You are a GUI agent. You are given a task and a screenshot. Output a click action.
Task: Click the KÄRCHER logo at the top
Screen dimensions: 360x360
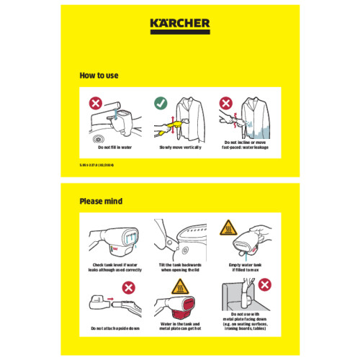coord(180,23)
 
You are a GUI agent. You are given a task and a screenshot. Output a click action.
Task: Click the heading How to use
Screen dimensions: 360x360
coord(99,75)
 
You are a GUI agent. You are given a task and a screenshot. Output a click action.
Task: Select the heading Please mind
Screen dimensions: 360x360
coord(101,201)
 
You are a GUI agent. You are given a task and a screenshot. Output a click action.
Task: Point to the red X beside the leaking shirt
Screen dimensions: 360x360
coord(225,104)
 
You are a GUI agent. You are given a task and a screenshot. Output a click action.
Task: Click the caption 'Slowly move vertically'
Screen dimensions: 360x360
coord(179,147)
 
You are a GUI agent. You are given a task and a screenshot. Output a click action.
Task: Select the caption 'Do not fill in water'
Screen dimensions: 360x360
coord(115,147)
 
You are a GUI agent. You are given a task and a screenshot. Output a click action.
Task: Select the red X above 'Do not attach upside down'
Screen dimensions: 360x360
coord(130,287)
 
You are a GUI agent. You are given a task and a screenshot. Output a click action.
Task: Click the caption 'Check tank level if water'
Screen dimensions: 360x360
coord(115,264)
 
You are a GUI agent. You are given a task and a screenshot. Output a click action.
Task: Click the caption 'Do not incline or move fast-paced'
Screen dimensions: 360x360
coord(244,145)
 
